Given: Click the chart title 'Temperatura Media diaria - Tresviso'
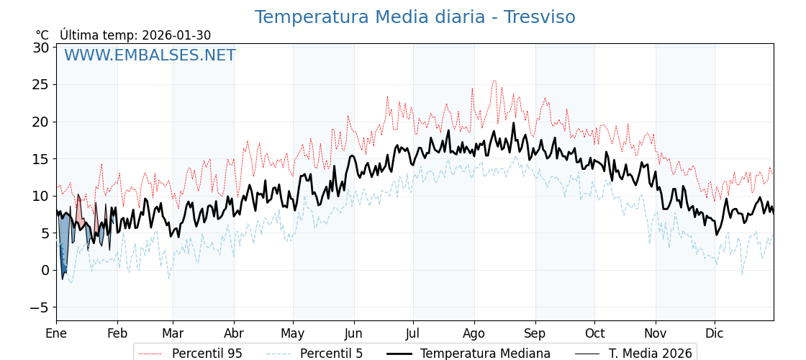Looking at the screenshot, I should [x=415, y=17].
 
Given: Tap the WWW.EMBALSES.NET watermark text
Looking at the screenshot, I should [x=150, y=55].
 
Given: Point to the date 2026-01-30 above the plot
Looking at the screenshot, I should [x=176, y=35].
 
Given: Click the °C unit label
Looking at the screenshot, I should [x=42, y=35].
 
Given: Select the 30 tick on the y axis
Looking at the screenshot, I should [x=40, y=48].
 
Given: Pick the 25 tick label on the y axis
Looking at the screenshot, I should [x=40, y=84].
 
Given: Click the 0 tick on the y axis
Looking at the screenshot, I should [x=45, y=270].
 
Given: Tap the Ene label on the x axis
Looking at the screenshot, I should [x=56, y=333].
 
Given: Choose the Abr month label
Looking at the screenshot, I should [x=234, y=333].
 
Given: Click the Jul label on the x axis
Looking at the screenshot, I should [x=413, y=333].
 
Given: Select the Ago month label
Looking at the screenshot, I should [x=474, y=333].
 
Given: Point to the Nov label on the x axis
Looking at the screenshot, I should [x=656, y=333].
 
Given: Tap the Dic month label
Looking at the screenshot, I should [x=715, y=333].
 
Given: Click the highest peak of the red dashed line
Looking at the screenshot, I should [x=494, y=80].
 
